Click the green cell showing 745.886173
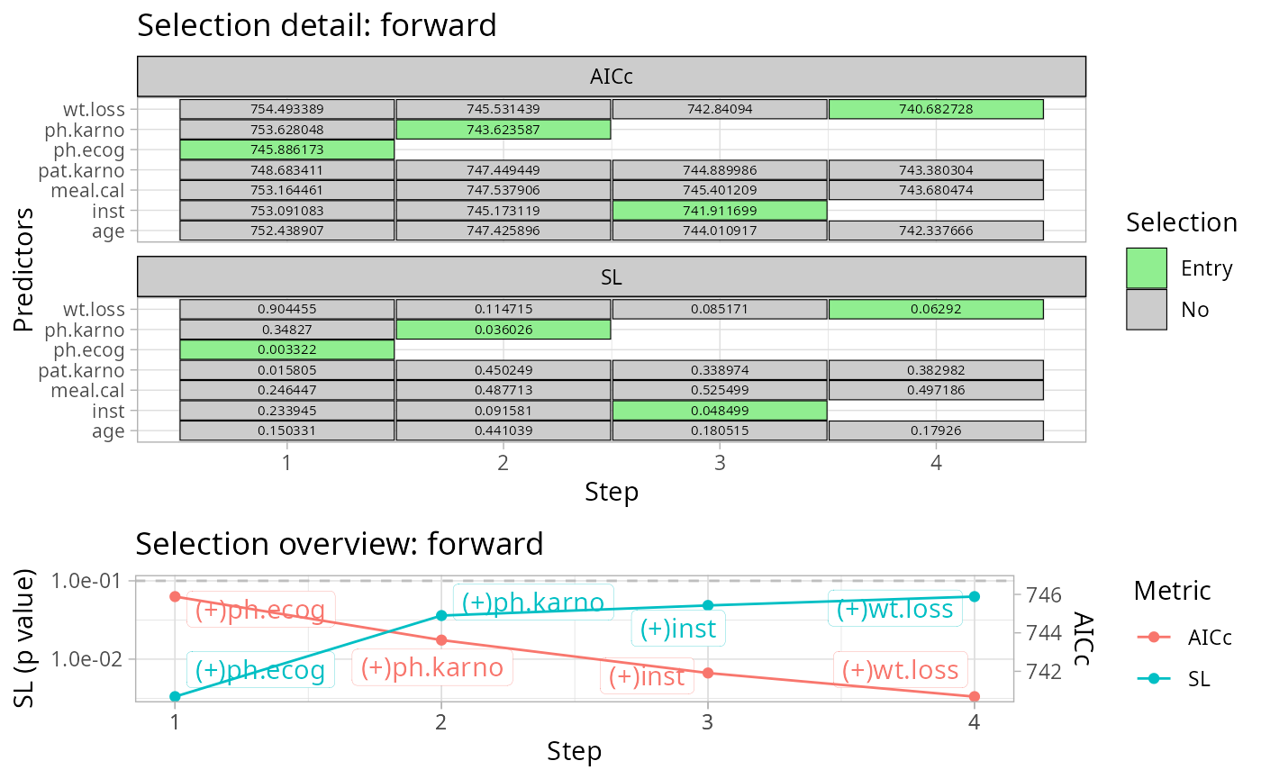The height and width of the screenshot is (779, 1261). [287, 149]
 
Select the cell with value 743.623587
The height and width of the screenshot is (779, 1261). [503, 130]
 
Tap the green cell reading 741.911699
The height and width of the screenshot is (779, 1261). [720, 211]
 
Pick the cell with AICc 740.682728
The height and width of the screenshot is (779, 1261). [936, 109]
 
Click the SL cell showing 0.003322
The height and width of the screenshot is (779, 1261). [287, 349]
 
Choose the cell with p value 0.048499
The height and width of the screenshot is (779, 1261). [720, 411]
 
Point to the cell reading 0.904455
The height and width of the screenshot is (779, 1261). [287, 309]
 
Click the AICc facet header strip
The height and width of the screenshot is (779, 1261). [612, 76]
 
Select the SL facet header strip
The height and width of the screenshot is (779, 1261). [612, 277]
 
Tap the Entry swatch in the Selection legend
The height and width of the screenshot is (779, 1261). [1146, 268]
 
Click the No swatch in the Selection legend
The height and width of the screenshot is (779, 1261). [1146, 310]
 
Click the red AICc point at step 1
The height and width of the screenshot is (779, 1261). [175, 596]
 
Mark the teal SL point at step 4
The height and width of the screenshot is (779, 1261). [975, 596]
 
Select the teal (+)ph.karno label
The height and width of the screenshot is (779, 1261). [533, 602]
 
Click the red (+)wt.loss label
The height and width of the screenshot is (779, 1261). [900, 670]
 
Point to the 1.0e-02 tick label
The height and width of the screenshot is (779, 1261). [86, 658]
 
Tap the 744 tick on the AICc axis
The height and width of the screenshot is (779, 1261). [1044, 633]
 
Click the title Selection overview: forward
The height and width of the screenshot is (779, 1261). [340, 544]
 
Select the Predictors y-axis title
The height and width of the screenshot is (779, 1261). [23, 269]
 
